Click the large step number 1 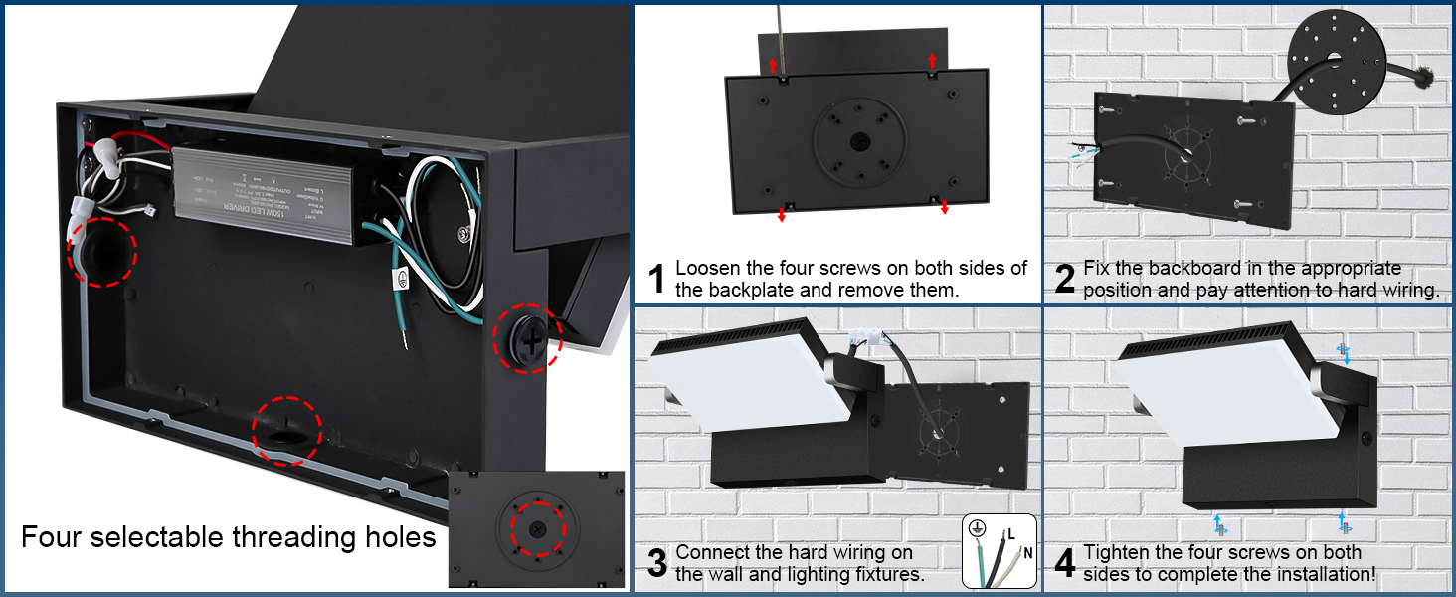[x=656, y=279]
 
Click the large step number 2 [x=1065, y=279]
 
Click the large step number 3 [x=656, y=563]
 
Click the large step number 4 [x=1065, y=563]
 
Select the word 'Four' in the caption [x=56, y=538]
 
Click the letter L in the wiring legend [x=1011, y=534]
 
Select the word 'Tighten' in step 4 [x=1119, y=552]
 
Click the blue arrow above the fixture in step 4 [x=1346, y=354]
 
